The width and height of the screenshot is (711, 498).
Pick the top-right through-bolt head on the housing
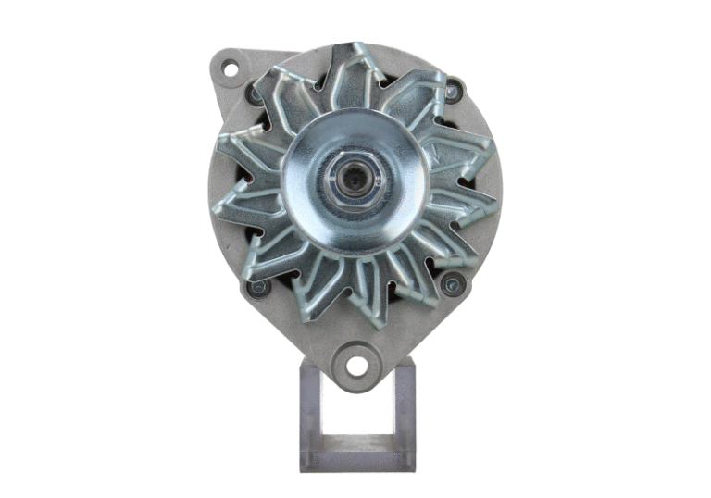(453, 91)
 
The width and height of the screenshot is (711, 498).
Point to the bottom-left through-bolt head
(257, 288)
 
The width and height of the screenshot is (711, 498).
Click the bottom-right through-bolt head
(453, 284)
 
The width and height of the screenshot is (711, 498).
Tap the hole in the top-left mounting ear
(229, 68)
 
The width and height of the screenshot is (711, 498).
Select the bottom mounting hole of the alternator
(355, 362)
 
